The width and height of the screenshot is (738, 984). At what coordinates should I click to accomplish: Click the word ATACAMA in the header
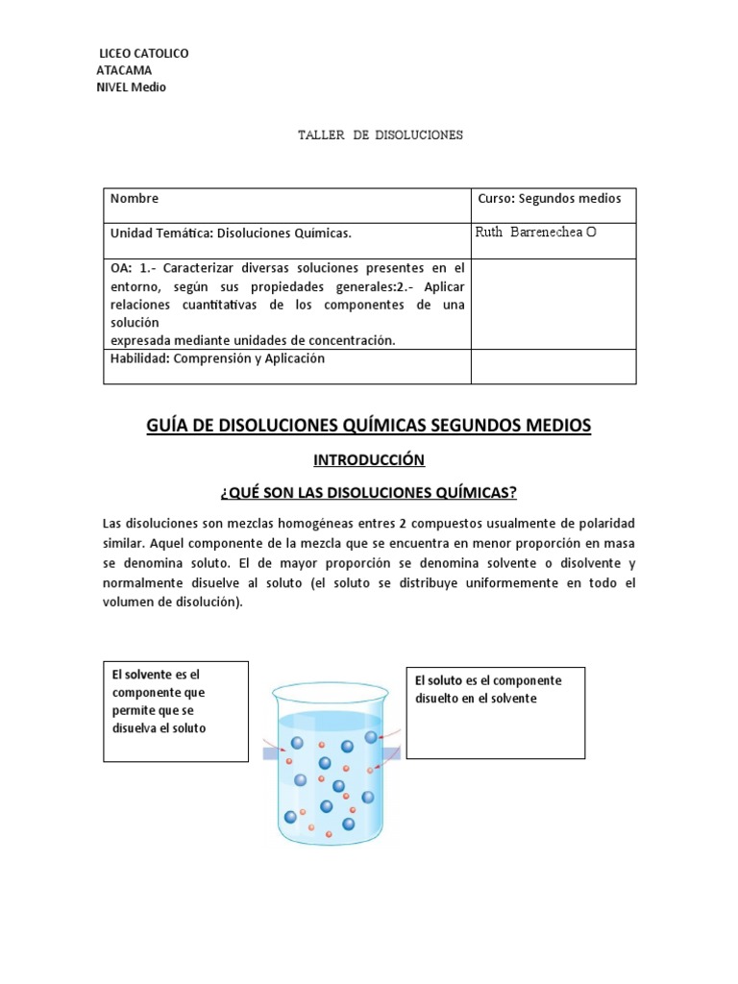click(x=124, y=70)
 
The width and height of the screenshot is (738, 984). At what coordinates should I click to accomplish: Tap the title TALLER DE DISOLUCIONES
click(x=381, y=135)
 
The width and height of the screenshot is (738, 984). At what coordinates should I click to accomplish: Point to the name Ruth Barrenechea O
click(x=536, y=233)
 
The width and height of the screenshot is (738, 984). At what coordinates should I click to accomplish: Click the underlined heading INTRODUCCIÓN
click(x=369, y=460)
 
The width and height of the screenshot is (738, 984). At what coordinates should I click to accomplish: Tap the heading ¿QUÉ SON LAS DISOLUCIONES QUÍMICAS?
click(x=369, y=493)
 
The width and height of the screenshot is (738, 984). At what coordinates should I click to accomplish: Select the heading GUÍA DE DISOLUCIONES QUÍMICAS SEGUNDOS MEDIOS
click(x=369, y=425)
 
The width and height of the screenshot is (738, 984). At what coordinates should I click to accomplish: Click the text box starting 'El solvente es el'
click(x=176, y=710)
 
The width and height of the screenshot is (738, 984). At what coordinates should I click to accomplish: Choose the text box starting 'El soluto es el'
click(x=495, y=710)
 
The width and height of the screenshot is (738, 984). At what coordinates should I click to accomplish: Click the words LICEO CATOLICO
click(x=145, y=54)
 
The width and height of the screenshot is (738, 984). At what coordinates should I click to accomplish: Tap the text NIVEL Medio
click(x=131, y=87)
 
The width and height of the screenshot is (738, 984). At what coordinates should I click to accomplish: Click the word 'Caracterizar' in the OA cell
click(x=195, y=267)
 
